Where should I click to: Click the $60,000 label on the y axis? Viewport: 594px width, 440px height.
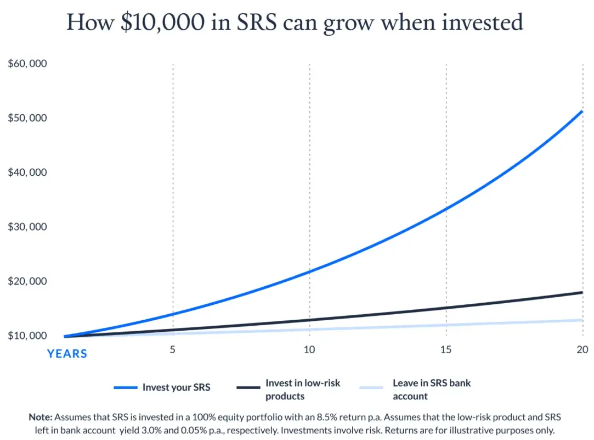27,64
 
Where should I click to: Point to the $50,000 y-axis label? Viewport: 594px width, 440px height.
27,118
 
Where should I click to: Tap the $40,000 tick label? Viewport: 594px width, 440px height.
27,172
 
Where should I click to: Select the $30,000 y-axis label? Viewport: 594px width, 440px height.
27,227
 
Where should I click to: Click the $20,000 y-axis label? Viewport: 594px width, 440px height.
27,281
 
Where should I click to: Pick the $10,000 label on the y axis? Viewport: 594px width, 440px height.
27,336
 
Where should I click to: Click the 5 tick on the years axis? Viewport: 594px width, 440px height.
173,350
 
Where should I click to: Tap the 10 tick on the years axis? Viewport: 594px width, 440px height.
309,350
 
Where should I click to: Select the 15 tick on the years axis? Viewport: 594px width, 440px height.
446,350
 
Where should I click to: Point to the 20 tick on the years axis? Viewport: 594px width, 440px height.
582,350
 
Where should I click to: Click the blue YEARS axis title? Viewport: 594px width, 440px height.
67,354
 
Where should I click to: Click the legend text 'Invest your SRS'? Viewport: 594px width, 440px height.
176,387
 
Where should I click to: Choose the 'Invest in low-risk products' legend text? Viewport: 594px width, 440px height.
303,389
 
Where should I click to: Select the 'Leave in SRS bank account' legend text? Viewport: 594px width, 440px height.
432,389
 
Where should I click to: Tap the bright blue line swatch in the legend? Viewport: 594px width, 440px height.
126,387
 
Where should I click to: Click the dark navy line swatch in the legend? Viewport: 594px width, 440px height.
247,387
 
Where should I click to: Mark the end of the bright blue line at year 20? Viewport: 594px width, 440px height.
581,112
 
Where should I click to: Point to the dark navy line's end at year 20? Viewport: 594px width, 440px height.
581,292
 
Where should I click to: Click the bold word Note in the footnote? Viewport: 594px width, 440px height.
41,417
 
